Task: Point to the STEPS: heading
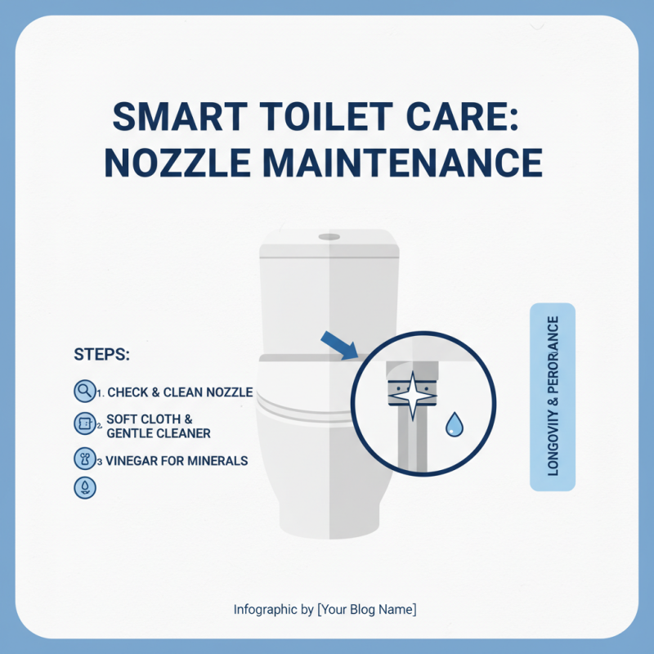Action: coord(102,355)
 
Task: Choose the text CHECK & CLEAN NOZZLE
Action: coord(180,392)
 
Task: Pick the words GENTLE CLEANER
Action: coord(159,432)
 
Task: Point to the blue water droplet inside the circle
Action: coord(454,423)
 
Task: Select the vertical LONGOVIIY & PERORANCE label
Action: coord(553,397)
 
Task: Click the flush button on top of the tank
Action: coord(329,236)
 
